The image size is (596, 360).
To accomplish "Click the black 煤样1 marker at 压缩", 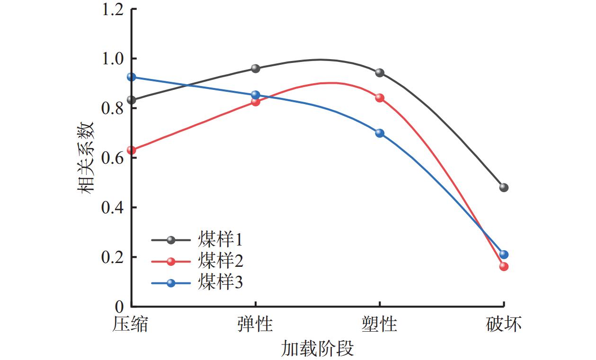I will point(132,100).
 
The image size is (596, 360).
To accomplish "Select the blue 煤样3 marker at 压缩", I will point(132,77).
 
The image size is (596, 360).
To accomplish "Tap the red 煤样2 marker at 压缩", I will point(132,150).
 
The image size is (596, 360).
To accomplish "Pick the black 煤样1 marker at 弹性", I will point(256,68).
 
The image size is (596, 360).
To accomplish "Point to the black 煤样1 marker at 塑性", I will point(380,73).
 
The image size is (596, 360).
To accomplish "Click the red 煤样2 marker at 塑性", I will point(380,98).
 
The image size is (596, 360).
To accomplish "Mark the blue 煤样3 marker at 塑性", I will point(380,133).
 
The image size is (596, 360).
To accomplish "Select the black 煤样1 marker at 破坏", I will point(504,187).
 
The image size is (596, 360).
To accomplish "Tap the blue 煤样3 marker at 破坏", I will point(504,255).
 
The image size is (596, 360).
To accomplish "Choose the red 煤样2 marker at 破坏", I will point(504,266).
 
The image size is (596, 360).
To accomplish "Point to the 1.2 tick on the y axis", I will point(112,9).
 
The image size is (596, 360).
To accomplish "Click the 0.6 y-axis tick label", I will point(112,158).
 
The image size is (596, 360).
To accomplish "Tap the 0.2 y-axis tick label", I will point(112,257).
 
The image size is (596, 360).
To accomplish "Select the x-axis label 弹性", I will point(256,325).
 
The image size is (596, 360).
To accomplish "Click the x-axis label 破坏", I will point(504,325).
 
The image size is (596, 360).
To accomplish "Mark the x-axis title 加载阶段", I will point(317,349).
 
